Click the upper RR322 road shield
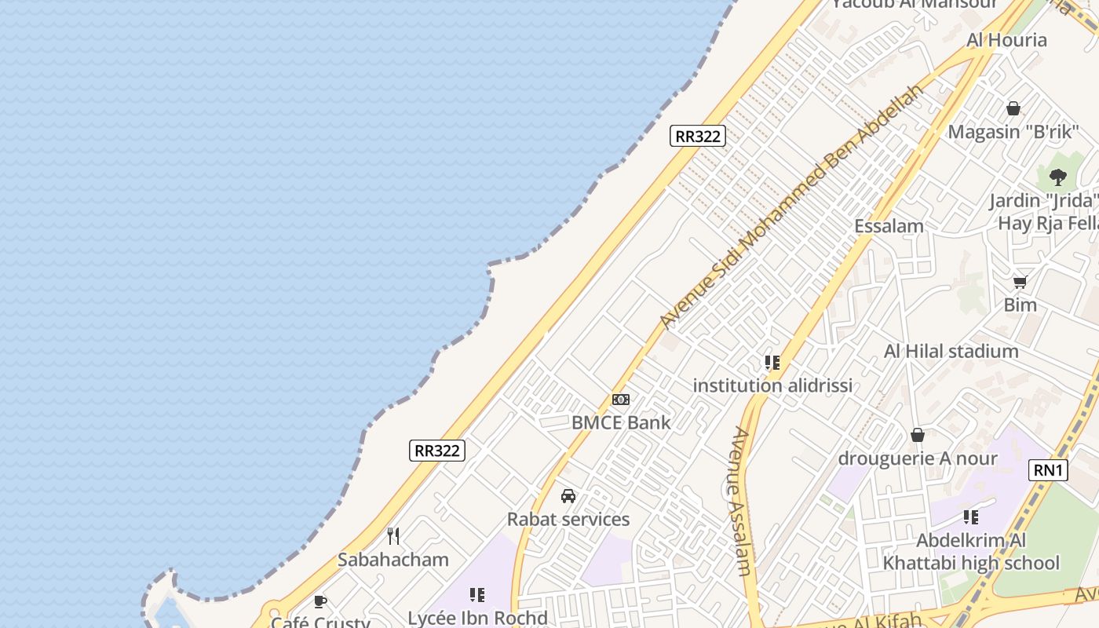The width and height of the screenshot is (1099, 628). pyautogui.click(x=698, y=136)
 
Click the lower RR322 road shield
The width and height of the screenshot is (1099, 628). pyautogui.click(x=437, y=451)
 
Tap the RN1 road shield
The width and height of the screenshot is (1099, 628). pyautogui.click(x=1049, y=470)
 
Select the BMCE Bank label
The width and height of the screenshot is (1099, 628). pyautogui.click(x=621, y=422)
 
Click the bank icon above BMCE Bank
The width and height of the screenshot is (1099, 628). pyautogui.click(x=621, y=400)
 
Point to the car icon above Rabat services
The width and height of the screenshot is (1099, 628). pyautogui.click(x=568, y=496)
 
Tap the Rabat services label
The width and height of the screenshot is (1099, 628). pyautogui.click(x=568, y=519)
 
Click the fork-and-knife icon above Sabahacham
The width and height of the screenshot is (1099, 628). pyautogui.click(x=393, y=536)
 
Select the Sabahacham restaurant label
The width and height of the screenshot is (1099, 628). pyautogui.click(x=393, y=560)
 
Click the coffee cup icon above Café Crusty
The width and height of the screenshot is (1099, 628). pyautogui.click(x=320, y=602)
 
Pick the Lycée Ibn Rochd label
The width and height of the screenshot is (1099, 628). pyautogui.click(x=477, y=618)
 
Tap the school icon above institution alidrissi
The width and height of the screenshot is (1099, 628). pyautogui.click(x=772, y=363)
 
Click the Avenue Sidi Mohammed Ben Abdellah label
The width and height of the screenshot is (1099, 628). pyautogui.click(x=791, y=206)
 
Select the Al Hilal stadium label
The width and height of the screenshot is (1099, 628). pyautogui.click(x=951, y=351)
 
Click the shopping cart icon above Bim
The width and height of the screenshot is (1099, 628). pyautogui.click(x=1020, y=282)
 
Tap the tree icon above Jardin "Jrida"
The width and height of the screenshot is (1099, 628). pyautogui.click(x=1057, y=177)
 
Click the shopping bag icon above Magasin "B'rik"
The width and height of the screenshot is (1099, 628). pyautogui.click(x=1013, y=108)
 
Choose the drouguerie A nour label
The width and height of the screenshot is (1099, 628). pyautogui.click(x=918, y=458)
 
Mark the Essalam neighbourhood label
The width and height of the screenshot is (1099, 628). pyautogui.click(x=889, y=226)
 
